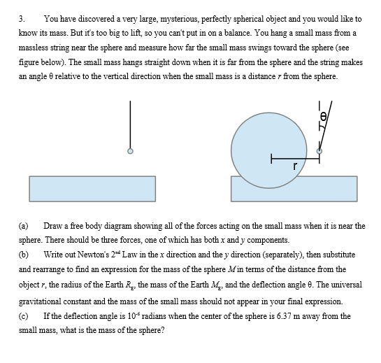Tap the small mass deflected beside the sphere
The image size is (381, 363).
(319, 150)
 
